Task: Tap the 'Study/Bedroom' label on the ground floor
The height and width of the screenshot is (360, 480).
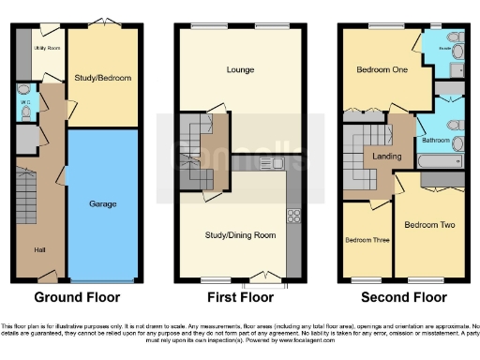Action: click(x=103, y=77)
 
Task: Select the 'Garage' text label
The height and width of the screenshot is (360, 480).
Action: click(x=102, y=203)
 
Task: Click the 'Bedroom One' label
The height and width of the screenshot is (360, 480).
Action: click(x=379, y=70)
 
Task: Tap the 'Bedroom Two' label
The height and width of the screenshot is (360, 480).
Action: click(x=428, y=225)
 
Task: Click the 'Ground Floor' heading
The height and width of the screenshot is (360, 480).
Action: click(x=77, y=298)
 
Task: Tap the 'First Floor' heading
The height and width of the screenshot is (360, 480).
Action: click(x=240, y=298)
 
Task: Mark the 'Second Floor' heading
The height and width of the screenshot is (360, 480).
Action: click(x=404, y=298)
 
